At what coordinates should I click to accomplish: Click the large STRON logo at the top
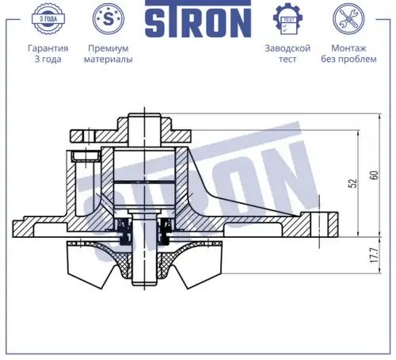click(x=198, y=18)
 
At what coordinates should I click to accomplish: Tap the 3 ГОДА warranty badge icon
click(x=48, y=19)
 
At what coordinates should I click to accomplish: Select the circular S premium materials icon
click(x=109, y=18)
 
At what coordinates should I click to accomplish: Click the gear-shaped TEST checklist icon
click(x=287, y=19)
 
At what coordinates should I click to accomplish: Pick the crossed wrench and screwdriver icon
click(x=348, y=19)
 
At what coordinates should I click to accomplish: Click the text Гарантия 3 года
click(x=48, y=54)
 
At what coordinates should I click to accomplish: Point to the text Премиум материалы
click(x=109, y=54)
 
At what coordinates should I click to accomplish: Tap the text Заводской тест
click(x=287, y=54)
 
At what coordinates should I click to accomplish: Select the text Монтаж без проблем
click(x=348, y=54)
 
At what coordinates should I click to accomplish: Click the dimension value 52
click(x=353, y=183)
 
